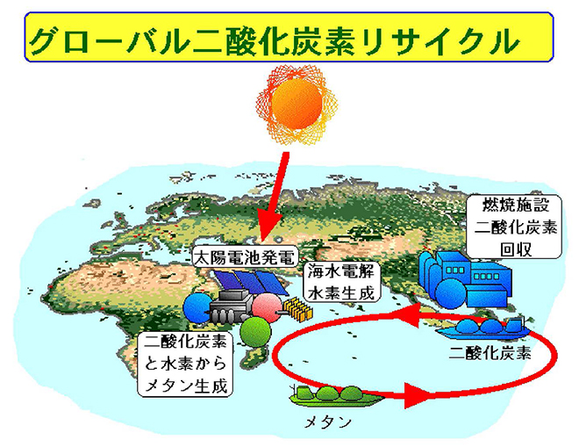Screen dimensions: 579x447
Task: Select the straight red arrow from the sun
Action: tap(273, 197)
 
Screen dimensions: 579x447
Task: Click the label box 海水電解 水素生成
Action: tap(341, 282)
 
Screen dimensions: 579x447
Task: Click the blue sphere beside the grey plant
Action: tap(197, 307)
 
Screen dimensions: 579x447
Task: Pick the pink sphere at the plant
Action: tap(268, 307)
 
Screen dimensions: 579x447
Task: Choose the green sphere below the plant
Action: tap(255, 331)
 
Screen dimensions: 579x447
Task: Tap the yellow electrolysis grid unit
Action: tap(297, 309)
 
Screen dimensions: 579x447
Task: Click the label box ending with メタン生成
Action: tap(185, 364)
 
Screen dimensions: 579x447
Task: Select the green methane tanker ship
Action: tap(335, 395)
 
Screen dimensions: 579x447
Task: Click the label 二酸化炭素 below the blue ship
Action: tap(490, 353)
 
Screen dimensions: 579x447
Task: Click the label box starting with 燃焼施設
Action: tap(515, 227)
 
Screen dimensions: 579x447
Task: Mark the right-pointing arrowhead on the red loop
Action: tap(419, 395)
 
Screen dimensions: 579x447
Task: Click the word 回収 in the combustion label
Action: tap(515, 249)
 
